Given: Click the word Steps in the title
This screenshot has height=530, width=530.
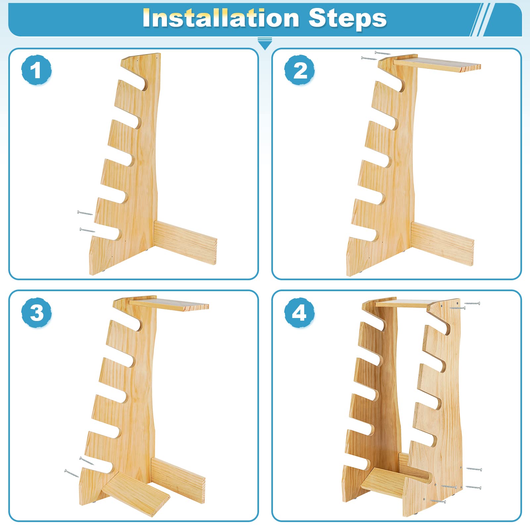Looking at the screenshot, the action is click(347, 19).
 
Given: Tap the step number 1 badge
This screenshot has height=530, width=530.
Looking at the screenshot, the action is click(36, 70).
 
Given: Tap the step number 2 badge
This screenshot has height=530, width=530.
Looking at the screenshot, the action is click(299, 70).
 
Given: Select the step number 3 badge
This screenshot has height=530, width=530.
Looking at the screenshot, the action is click(36, 313).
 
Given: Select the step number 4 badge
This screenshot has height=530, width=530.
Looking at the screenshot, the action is click(299, 313).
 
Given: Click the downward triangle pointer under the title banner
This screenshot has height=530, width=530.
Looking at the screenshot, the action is click(265, 43).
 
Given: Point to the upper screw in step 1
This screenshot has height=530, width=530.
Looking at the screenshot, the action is click(85, 213).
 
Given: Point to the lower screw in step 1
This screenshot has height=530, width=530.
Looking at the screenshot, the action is click(87, 230).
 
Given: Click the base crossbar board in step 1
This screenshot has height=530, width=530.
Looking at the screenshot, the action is click(185, 242).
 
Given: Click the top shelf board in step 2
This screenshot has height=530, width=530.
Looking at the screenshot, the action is click(437, 64).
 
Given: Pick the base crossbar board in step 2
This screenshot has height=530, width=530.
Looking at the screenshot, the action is click(443, 243).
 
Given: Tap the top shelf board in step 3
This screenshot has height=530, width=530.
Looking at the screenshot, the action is click(169, 304).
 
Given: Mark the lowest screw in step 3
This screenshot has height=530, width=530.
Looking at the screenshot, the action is click(72, 473).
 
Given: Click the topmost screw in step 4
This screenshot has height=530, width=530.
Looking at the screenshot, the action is click(472, 303).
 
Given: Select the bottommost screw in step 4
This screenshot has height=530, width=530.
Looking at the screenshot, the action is click(438, 501).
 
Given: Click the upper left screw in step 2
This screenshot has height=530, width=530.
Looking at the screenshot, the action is click(383, 53).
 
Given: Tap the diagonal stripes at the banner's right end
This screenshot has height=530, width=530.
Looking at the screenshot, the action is click(482, 20).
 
